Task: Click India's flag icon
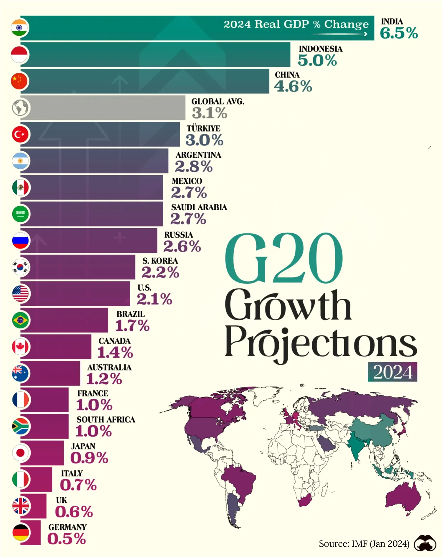point(20,28)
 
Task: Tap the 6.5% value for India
point(398,33)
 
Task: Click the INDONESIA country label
point(321,49)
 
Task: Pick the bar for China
point(144,81)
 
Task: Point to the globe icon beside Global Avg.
point(20,108)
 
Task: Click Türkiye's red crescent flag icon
point(20,134)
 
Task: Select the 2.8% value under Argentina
point(194,166)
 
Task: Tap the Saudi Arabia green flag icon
point(20,214)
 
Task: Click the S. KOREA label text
point(160,261)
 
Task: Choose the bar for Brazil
point(64,320)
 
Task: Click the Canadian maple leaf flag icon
point(20,347)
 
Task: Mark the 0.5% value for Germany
point(67,539)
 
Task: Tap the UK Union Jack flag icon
point(20,506)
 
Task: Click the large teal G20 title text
point(283,259)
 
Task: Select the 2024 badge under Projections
point(392,372)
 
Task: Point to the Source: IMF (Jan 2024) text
point(364,544)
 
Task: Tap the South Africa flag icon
point(20,426)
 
